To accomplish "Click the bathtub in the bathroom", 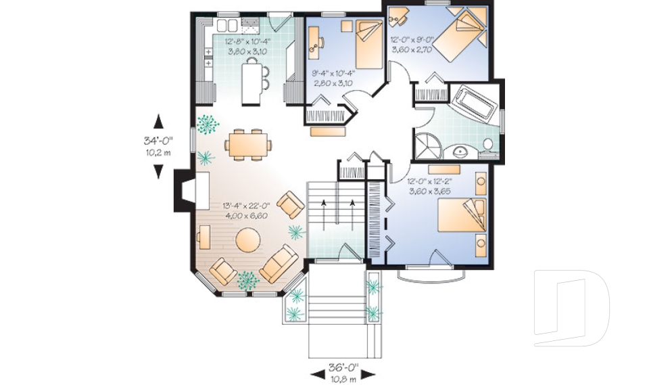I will pos(475,103).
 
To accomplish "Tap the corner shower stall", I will pos(427,144).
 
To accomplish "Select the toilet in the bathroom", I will pos(487,144).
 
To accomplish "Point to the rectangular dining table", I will pos(248,143).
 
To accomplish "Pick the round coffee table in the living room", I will pos(249,241).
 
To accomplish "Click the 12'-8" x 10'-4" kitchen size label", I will pos(251,45).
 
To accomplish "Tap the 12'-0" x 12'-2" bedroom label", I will pos(430,187).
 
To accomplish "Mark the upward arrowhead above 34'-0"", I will pos(158,122).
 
